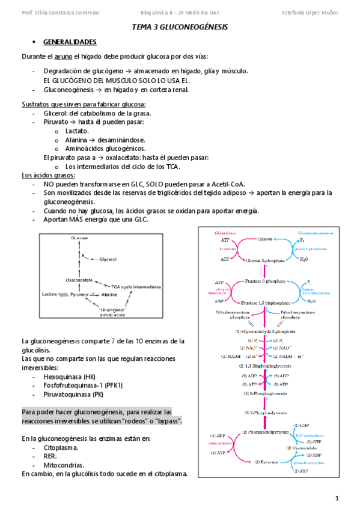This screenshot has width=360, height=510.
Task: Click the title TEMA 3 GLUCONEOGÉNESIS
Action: tap(180, 28)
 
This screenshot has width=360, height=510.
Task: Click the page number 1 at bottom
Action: tap(337, 498)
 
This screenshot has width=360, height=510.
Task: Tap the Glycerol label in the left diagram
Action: tap(109, 259)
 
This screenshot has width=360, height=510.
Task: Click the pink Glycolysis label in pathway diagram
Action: tap(226, 232)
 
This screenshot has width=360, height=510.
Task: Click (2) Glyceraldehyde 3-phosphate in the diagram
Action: tap(266, 331)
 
